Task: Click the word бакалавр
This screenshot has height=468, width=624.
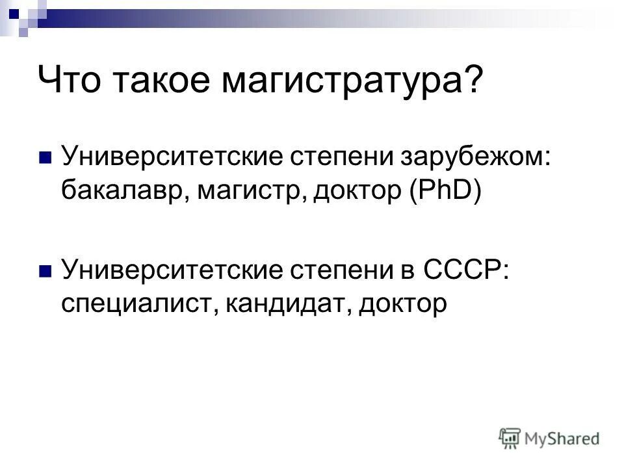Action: (121, 191)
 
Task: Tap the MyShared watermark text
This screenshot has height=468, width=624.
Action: (563, 439)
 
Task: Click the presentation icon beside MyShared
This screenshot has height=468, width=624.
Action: (511, 438)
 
